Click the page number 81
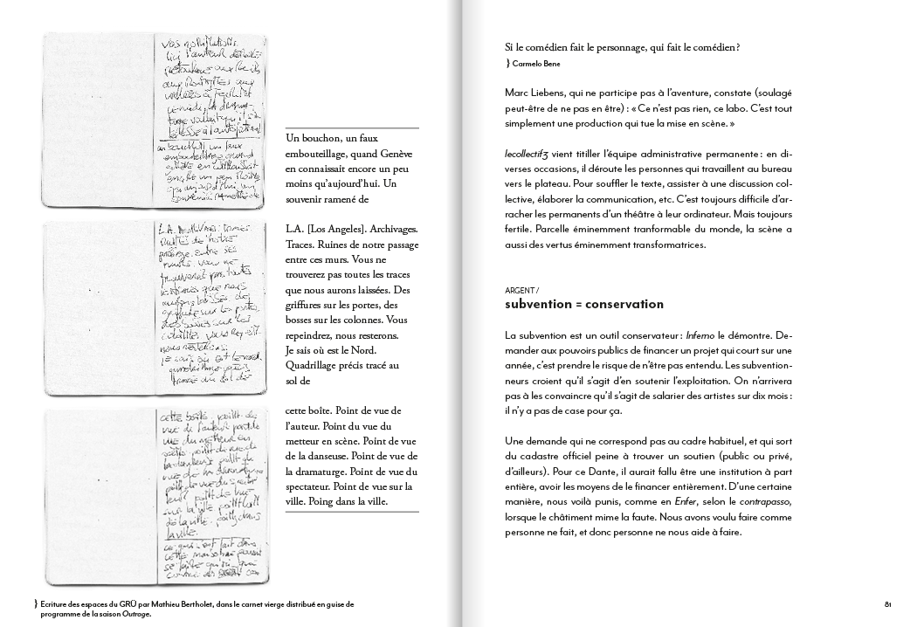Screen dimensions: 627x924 886,603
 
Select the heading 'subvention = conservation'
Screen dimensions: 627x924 584,305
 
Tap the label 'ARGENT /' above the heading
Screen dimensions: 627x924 522,289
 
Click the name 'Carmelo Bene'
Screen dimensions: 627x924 536,64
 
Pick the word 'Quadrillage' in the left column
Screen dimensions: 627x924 316,365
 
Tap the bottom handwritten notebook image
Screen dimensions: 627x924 155,498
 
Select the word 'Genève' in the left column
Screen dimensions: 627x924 395,154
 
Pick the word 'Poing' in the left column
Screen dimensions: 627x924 348,501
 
